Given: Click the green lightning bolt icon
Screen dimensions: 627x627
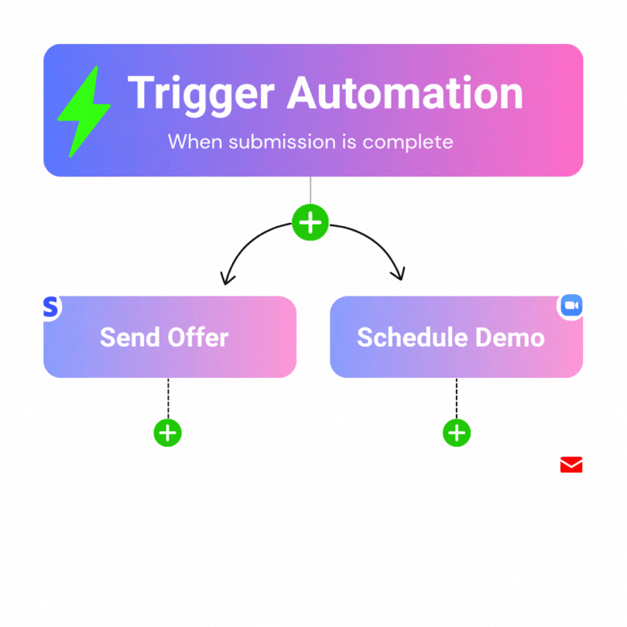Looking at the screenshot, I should [x=81, y=111].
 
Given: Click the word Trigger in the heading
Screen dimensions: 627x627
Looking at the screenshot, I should [x=200, y=94].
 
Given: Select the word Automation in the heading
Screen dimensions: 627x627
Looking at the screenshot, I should [x=405, y=94].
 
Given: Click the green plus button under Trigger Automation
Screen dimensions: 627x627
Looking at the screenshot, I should [x=310, y=223].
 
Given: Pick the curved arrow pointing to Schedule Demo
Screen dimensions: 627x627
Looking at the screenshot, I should [x=375, y=246].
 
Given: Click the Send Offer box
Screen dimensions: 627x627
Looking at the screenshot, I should [x=170, y=337].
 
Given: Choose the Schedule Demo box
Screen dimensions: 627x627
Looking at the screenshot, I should [x=456, y=337].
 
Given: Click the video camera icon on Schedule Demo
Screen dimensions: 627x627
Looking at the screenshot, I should [x=571, y=307].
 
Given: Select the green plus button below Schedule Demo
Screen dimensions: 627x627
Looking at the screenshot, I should [x=457, y=432].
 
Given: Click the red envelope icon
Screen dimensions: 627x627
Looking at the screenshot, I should [x=571, y=464].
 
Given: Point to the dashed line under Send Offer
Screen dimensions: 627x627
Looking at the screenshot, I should [x=168, y=398].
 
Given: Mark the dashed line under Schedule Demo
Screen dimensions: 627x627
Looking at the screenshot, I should [x=457, y=398].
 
